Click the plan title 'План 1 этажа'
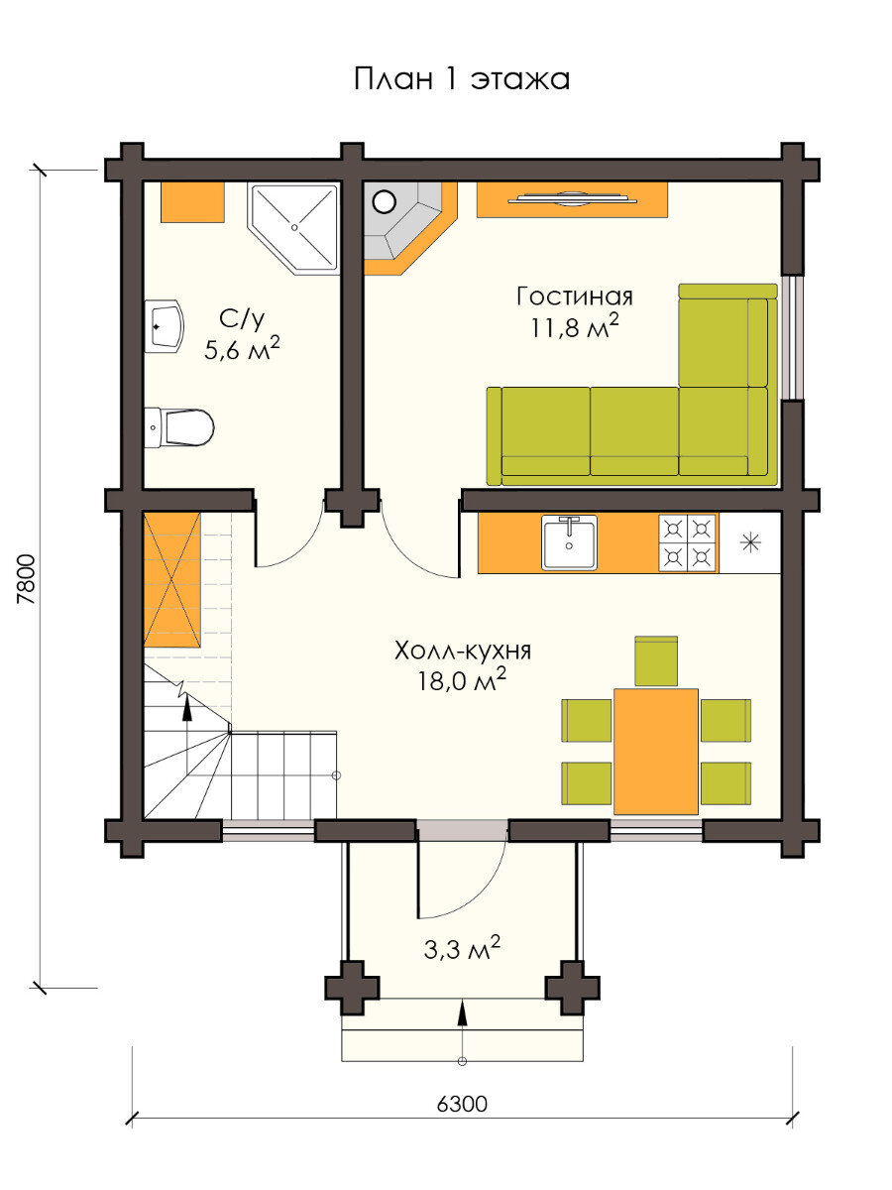pos(462,79)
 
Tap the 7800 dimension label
pos(27,578)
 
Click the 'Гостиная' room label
pos(574,297)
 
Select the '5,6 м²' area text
pos(242,349)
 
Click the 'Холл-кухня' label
pos(463,651)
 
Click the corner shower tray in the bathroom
pos(293,228)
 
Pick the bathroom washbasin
pos(165,326)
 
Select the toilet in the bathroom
pos(179,427)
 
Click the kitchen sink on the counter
pos(569,542)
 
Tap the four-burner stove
pos(688,542)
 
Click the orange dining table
pos(656,752)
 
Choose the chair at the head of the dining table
pos(656,660)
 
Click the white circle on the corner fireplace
pos(385,202)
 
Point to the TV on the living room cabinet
pos(572,199)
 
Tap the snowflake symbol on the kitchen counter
pos(750,542)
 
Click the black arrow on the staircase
pos(187,707)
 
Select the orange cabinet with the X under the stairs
pos(172,579)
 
